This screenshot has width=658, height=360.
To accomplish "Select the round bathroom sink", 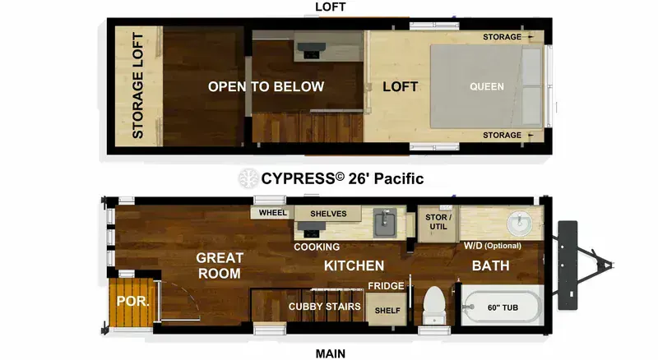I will click(519, 223).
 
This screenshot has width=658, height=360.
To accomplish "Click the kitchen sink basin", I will click(384, 222).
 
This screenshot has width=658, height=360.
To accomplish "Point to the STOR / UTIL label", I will click(436, 222).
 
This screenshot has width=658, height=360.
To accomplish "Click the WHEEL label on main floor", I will click(272, 213).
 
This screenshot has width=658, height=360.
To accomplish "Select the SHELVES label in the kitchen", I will click(327, 214).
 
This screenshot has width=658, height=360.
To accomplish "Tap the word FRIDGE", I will click(386, 286).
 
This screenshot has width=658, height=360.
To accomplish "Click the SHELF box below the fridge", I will click(387, 311).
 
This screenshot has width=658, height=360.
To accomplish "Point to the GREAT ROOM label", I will click(219, 265).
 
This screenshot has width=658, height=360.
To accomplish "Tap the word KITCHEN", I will click(354, 265).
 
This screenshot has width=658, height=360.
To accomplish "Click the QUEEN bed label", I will click(487, 86).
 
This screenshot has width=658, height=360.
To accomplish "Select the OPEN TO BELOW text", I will click(266, 86).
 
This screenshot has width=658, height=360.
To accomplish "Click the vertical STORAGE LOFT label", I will click(138, 85).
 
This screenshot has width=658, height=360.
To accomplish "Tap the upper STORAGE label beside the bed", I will click(502, 37).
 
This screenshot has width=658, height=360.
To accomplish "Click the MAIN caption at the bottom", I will click(331, 353).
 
